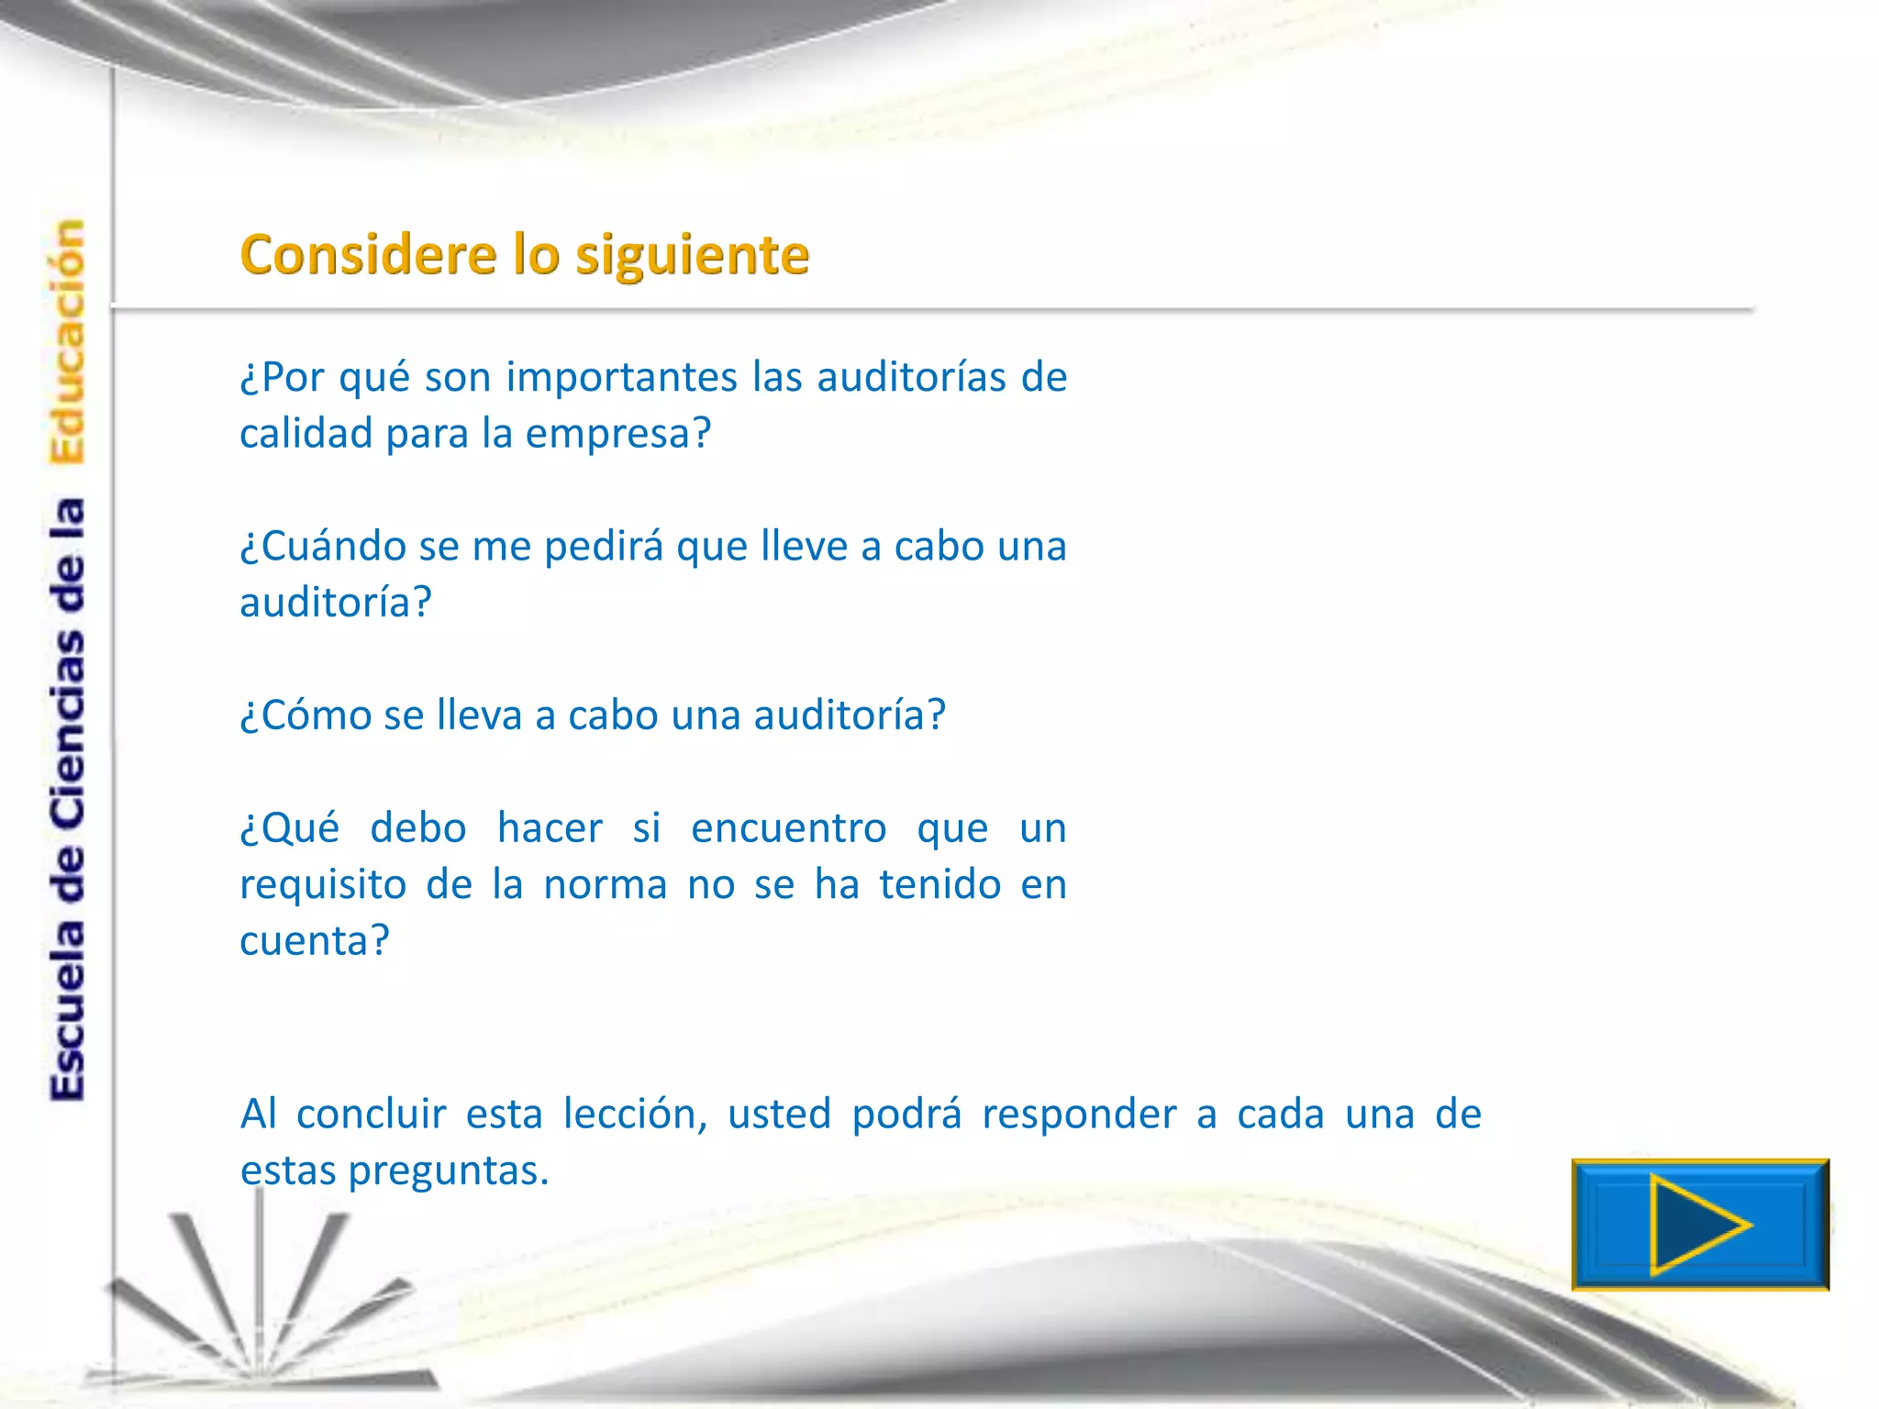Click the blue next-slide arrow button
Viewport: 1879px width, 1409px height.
(x=1700, y=1225)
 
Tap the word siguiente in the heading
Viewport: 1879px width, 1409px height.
(x=693, y=256)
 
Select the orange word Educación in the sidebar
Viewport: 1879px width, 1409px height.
(x=68, y=341)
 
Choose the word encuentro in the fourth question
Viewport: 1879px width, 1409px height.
(x=789, y=828)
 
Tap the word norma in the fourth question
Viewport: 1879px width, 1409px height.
(x=606, y=885)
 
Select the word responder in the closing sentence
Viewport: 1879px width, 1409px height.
(x=1079, y=1115)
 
